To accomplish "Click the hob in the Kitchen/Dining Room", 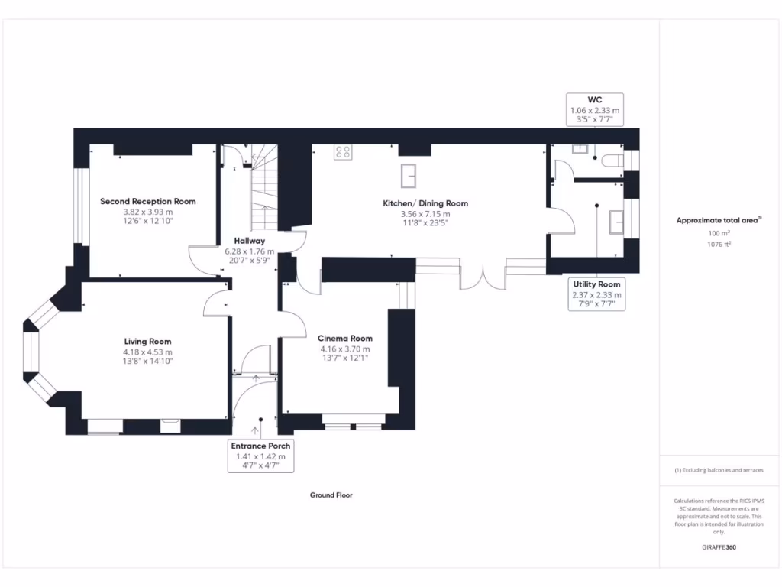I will point(343,152).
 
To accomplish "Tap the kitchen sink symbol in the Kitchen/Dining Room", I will point(409,175).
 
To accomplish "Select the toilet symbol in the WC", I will point(612,161).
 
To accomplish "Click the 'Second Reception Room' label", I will point(148,202).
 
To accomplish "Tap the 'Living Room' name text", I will point(148,342).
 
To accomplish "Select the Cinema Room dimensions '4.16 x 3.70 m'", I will point(345,349).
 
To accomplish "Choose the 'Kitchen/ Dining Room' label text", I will point(425,203).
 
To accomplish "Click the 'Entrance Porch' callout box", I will point(260,456).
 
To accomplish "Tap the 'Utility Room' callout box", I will point(597,294).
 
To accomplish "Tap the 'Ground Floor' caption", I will point(331,495).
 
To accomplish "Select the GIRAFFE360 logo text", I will point(719,547).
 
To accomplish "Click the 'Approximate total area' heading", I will point(719,220).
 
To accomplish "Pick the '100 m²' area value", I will point(719,233).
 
